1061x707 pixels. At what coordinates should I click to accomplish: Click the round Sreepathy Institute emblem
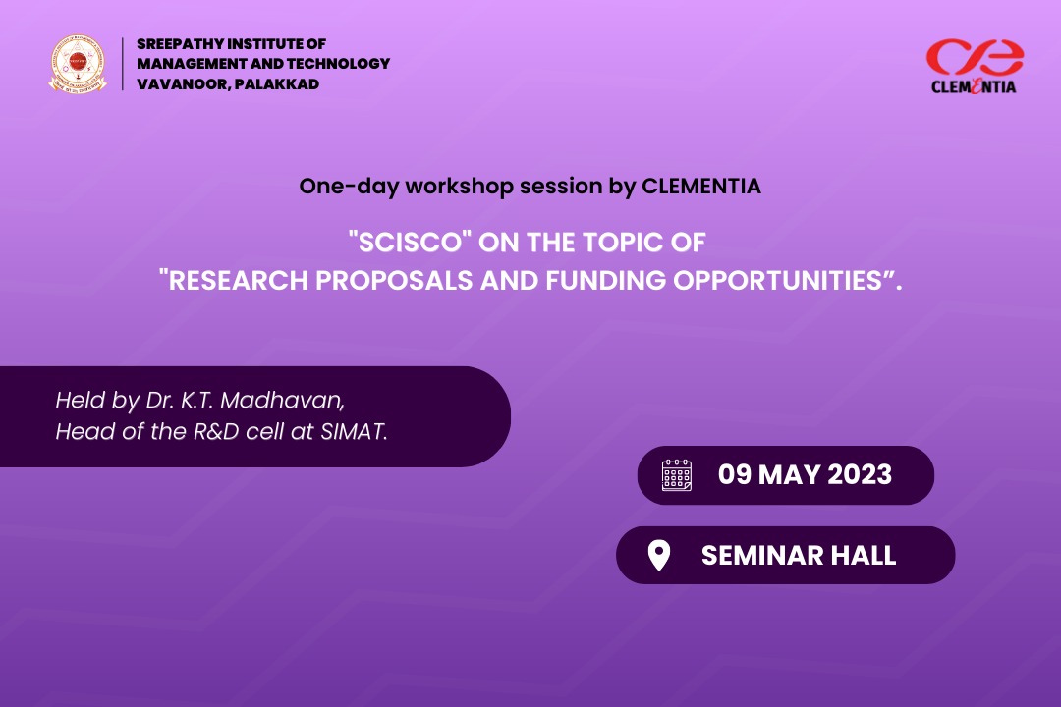[78, 64]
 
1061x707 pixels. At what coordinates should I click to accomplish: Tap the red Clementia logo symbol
[975, 57]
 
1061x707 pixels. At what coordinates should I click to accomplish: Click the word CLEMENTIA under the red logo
[974, 86]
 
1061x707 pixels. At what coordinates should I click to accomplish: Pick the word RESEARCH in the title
[237, 280]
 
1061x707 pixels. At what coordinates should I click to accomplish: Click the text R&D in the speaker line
[216, 431]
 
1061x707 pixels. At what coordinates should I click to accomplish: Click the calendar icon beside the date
[677, 475]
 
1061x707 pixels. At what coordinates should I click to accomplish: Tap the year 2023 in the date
[860, 475]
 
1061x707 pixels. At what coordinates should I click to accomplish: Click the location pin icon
[659, 556]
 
